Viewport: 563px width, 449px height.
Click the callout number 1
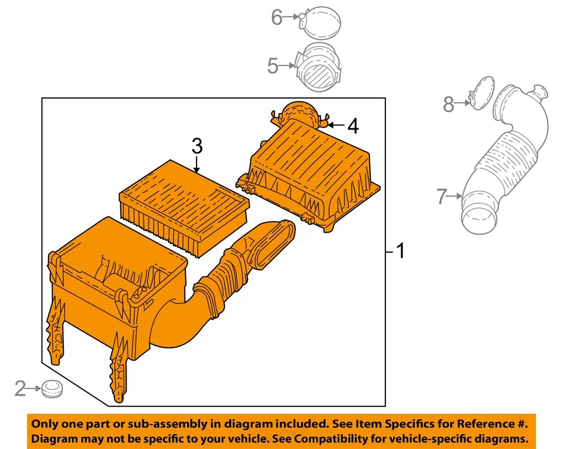coord(400,252)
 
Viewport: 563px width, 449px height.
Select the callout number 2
coord(21,387)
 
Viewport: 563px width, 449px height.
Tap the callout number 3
coord(196,145)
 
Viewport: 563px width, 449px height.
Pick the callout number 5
coord(273,66)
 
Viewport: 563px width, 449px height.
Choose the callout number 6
coord(277,18)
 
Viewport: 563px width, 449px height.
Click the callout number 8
coord(449,104)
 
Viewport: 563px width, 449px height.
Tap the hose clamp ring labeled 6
coord(320,21)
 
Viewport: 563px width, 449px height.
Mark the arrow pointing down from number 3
coord(196,164)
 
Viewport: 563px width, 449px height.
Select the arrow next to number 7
coord(456,198)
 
